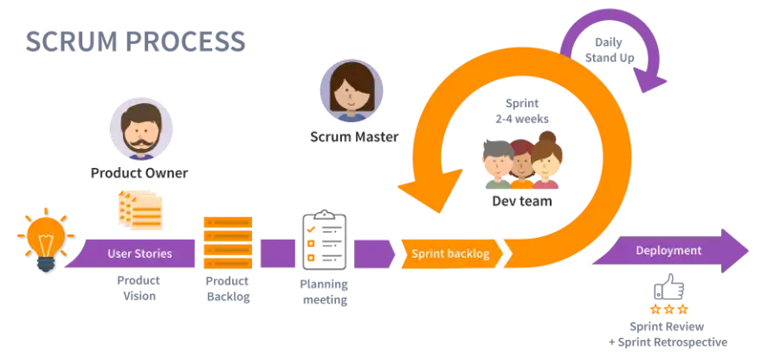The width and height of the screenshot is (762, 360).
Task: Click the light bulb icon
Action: pyautogui.click(x=46, y=240)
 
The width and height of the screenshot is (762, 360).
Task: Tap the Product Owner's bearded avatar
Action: pyautogui.click(x=141, y=129)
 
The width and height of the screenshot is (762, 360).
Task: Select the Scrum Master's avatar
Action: pyautogui.click(x=352, y=91)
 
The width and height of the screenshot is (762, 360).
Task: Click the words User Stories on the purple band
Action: pyautogui.click(x=139, y=253)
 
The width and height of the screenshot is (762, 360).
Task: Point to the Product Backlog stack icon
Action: pyautogui.click(x=228, y=242)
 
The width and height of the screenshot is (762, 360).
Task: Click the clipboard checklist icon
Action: pyautogui.click(x=324, y=240)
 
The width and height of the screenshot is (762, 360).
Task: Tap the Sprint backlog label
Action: pyautogui.click(x=450, y=254)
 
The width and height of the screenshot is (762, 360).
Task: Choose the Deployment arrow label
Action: pyautogui.click(x=668, y=251)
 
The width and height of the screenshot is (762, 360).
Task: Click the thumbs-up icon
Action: pyautogui.click(x=668, y=287)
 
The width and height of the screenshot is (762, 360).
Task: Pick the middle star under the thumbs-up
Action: pyautogui.click(x=669, y=309)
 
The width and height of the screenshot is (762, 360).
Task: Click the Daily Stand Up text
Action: pyautogui.click(x=610, y=50)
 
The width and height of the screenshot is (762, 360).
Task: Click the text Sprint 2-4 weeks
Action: pyautogui.click(x=522, y=112)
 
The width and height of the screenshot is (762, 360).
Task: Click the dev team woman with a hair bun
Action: pyautogui.click(x=546, y=160)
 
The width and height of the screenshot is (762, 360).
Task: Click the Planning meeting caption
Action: pyautogui.click(x=325, y=292)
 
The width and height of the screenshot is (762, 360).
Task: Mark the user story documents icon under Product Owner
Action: pyautogui.click(x=140, y=210)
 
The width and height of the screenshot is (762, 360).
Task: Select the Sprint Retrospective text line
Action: pyautogui.click(x=668, y=342)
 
